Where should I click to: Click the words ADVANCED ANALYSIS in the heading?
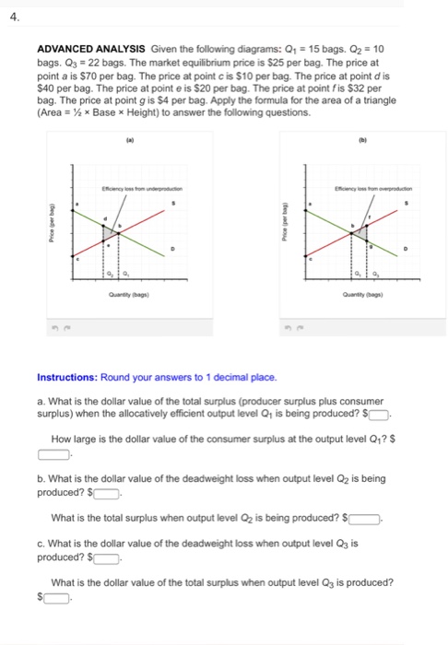[x=76, y=53]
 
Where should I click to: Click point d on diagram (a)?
[x=106, y=219]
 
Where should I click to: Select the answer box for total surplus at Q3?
[x=57, y=598]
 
